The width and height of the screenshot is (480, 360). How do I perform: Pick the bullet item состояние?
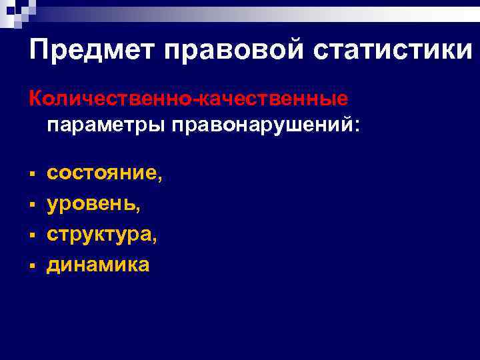pyautogui.click(x=101, y=173)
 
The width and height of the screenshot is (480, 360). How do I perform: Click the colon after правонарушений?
pyautogui.click(x=356, y=127)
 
